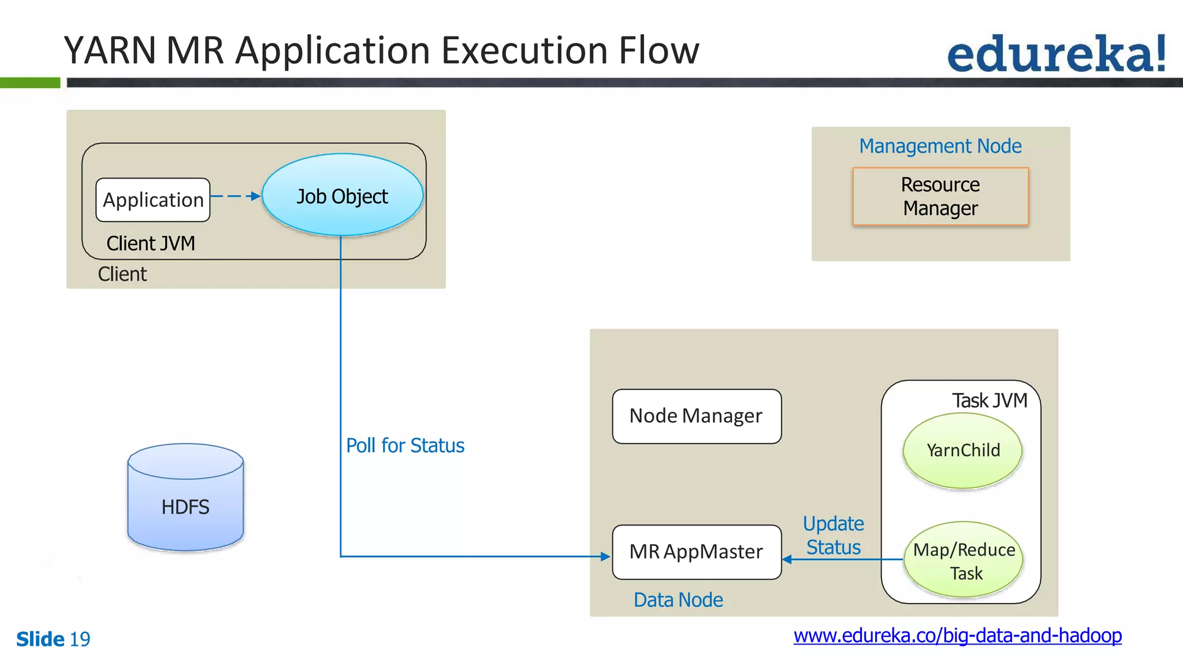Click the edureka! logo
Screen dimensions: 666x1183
tap(1056, 54)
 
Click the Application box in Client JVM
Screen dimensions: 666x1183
tap(153, 200)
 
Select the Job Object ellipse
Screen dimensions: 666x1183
tap(342, 196)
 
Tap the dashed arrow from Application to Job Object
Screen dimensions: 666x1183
tap(236, 197)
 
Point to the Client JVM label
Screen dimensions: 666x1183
tap(151, 243)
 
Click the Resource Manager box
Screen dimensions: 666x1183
tap(940, 197)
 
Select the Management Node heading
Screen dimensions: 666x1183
tap(940, 146)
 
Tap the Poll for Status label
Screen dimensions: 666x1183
tap(405, 446)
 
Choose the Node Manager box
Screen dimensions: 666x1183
tap(696, 416)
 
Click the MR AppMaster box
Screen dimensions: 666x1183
tap(696, 552)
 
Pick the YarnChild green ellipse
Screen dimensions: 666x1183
tap(962, 450)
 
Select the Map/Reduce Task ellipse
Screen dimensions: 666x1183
tap(963, 560)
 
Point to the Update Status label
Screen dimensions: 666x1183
tap(833, 535)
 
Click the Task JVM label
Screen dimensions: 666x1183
tap(989, 401)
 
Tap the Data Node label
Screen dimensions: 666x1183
tap(678, 600)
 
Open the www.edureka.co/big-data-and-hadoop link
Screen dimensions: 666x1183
tap(957, 636)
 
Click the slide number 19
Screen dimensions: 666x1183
tap(80, 639)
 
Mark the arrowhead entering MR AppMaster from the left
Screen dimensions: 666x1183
tap(605, 557)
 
